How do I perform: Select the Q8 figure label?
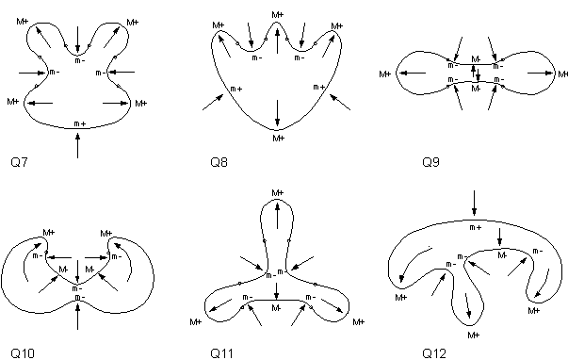[219, 163]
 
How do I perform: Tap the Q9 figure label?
[431, 163]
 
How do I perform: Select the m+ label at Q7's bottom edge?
[79, 123]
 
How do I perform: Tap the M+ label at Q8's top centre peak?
[277, 15]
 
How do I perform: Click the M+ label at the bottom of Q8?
[278, 139]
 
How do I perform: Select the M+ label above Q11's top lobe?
[277, 192]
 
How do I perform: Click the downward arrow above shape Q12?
[474, 201]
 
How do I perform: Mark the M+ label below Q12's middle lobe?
[473, 334]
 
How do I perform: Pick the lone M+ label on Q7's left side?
[12, 101]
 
